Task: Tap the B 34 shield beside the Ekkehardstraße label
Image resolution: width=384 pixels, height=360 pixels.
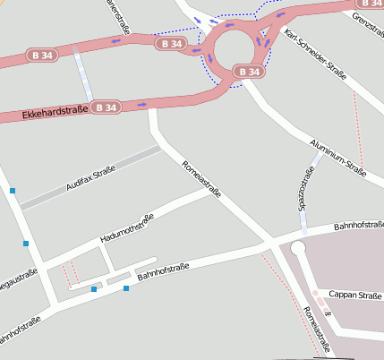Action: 106,107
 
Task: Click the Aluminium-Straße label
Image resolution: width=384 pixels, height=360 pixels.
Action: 337,156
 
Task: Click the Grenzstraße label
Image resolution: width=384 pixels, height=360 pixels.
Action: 368,19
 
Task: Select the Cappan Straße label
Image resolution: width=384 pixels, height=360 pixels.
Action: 355,295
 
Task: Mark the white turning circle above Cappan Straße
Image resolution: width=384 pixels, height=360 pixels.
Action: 298,248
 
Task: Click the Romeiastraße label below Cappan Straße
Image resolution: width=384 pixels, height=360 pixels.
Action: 317,330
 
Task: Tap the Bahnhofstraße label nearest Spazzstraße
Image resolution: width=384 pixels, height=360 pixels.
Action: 358,228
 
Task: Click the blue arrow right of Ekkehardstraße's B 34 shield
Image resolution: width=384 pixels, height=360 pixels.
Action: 143,105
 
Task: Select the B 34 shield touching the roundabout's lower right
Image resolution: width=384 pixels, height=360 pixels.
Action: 250,71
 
